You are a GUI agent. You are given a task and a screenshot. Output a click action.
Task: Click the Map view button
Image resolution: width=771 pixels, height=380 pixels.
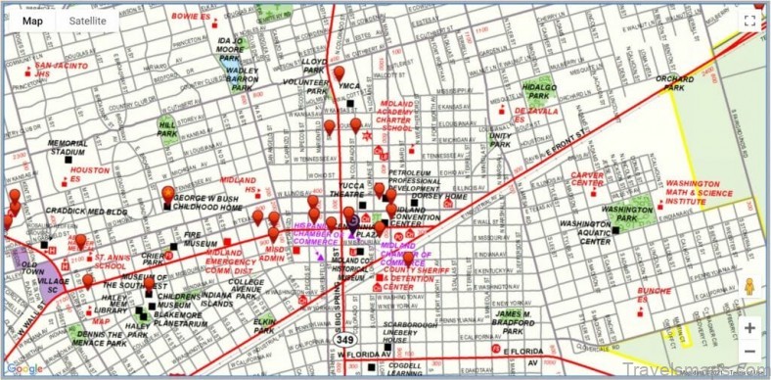tap(32, 21)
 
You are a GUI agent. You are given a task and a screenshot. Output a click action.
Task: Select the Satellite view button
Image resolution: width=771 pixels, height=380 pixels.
tap(87, 21)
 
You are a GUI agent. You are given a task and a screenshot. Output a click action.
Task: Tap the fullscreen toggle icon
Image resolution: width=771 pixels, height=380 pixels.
tap(749, 21)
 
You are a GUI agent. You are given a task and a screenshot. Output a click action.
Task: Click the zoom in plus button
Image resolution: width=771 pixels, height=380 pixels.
tap(748, 328)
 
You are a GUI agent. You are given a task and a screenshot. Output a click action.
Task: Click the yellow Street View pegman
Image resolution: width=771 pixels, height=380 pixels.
tap(749, 286)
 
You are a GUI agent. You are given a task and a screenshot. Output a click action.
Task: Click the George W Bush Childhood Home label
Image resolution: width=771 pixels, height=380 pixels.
tap(208, 204)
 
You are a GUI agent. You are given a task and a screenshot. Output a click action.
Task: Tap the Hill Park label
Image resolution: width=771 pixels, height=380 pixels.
tap(168, 127)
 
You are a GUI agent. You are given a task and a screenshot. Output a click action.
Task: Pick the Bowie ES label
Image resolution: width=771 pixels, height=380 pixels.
tap(191, 17)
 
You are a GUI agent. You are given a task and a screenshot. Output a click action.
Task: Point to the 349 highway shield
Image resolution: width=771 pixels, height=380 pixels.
tap(347, 339)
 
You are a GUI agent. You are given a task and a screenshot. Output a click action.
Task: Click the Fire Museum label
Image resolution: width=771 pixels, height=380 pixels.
tap(199, 239)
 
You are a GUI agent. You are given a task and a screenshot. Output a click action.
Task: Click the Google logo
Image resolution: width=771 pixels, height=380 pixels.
tap(25, 368)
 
